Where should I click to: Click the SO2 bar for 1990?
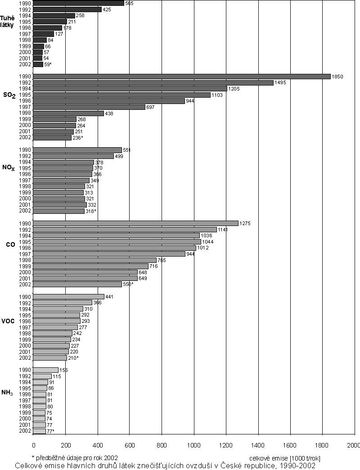tap(182, 77)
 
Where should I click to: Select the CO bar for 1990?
tap(136, 223)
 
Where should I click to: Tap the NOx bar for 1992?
tap(73, 156)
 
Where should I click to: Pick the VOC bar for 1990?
tap(69, 297)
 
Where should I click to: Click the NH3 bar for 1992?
tap(42, 376)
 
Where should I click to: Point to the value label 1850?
tap(337, 77)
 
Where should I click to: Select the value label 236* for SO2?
tap(78, 138)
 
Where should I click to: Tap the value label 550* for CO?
tap(128, 285)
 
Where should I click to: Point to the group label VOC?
tap(9, 321)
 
